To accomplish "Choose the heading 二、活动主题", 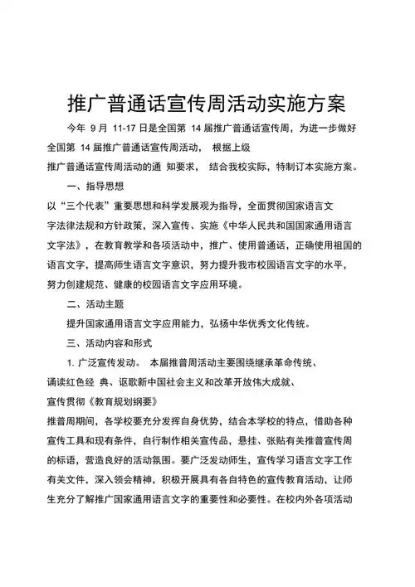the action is (x=95, y=304).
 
